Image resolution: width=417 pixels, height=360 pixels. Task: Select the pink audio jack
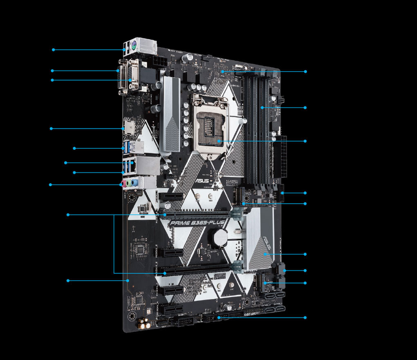[x=122, y=184]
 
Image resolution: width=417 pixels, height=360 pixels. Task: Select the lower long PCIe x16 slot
[x=192, y=269]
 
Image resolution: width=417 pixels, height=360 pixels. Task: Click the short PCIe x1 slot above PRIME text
[x=171, y=196]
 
